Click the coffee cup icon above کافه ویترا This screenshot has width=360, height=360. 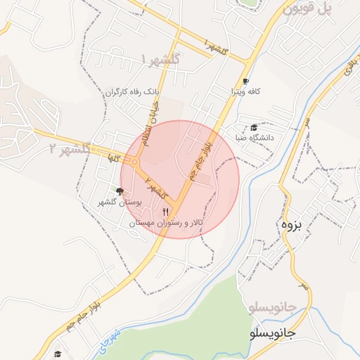(x=245, y=81)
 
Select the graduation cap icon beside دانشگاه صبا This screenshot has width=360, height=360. (x=254, y=127)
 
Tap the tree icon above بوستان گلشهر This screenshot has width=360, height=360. (x=119, y=191)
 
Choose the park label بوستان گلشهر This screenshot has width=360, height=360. (x=120, y=202)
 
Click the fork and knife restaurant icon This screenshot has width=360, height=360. (x=166, y=211)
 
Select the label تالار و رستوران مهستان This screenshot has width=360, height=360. (x=167, y=222)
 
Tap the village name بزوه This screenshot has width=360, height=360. (x=291, y=226)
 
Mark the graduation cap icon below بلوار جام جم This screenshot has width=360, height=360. (x=58, y=354)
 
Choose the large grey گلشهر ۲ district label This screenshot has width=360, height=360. (x=71, y=148)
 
